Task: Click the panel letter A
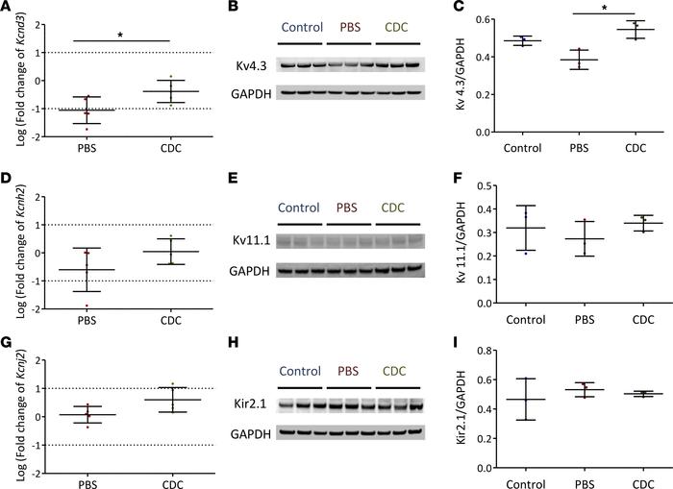point(7,8)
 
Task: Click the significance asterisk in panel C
point(576,8)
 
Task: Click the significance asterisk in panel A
point(119,36)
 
